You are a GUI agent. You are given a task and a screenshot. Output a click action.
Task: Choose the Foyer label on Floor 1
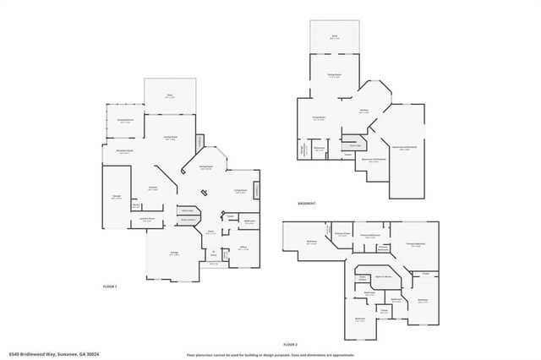coord(209,232)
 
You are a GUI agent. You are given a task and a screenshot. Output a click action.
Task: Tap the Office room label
coord(242,248)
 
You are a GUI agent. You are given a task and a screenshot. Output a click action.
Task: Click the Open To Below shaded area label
coord(385,276)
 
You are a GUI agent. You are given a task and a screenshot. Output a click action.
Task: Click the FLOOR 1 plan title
coord(110,287)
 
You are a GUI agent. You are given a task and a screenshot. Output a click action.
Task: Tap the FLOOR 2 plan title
coord(291,345)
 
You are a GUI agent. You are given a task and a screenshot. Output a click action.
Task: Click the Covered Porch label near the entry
coord(215,262)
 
